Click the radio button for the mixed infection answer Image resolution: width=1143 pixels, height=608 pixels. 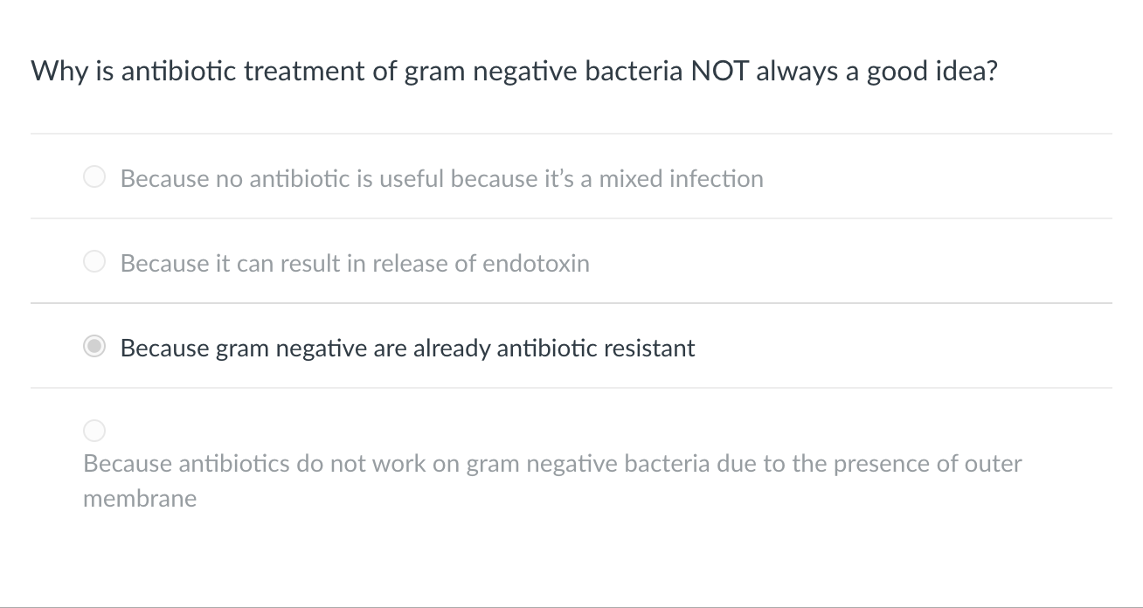click(x=94, y=177)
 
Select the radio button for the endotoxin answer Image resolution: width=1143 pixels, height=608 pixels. click(x=94, y=262)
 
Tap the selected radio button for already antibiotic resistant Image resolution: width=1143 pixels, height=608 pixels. click(x=94, y=347)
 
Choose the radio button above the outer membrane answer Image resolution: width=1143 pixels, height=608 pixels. click(x=94, y=431)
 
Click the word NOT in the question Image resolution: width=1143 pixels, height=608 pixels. click(x=720, y=71)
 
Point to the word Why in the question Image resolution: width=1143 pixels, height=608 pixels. click(x=59, y=71)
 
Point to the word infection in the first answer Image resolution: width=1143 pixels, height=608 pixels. click(x=717, y=178)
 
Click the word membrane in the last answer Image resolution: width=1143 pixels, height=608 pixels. click(x=140, y=499)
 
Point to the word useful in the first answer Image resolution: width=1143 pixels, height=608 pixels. click(x=412, y=178)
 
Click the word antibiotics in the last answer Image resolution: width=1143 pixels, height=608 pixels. click(x=234, y=463)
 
